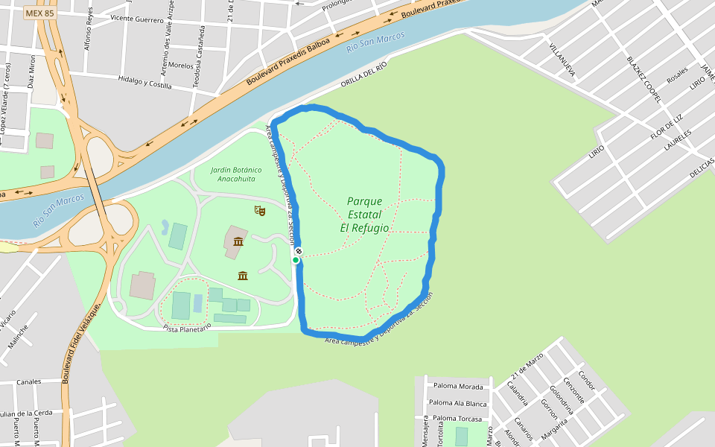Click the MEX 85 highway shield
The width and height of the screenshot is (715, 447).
(39, 13)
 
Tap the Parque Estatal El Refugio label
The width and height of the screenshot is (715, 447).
(364, 215)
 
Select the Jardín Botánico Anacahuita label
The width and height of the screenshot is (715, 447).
(237, 174)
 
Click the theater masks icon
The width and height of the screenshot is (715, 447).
(260, 211)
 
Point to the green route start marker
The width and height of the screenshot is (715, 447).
(296, 260)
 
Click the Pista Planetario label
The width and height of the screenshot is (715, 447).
(188, 327)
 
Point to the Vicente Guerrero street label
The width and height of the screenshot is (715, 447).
(136, 19)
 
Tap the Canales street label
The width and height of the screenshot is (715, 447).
(29, 381)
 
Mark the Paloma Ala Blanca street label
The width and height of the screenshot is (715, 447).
(458, 403)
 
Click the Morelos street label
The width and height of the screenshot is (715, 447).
(181, 66)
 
